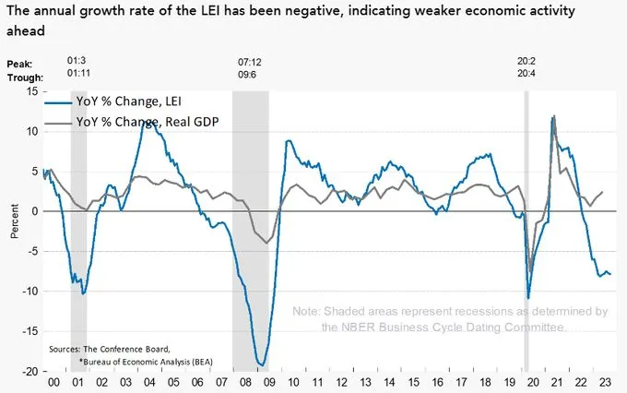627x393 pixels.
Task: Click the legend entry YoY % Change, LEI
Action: pyautogui.click(x=144, y=101)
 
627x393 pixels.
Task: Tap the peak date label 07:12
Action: pyautogui.click(x=251, y=60)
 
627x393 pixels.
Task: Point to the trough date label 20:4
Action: pyautogui.click(x=527, y=74)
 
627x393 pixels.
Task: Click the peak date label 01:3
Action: pyautogui.click(x=78, y=60)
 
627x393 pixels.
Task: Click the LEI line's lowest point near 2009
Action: pyautogui.click(x=261, y=365)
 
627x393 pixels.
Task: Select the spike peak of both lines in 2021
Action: pyautogui.click(x=553, y=116)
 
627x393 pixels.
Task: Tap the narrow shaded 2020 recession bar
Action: pyautogui.click(x=526, y=231)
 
